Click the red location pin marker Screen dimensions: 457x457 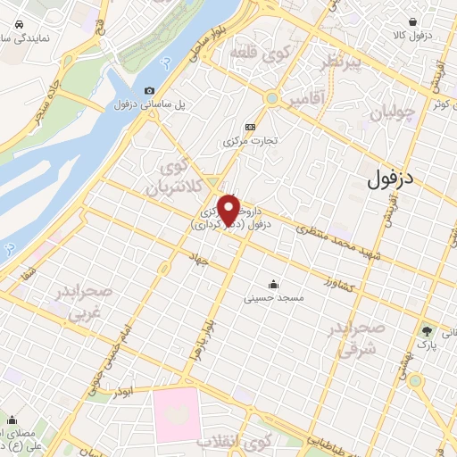click(228, 209)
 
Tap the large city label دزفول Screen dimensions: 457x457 click(391, 177)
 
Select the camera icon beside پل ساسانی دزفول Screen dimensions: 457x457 click(149, 90)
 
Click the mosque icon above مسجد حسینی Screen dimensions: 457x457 click(274, 283)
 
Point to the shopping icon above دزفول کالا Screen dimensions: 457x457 click(412, 21)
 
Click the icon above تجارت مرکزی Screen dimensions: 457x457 click(250, 127)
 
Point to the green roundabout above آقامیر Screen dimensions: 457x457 click(270, 99)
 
